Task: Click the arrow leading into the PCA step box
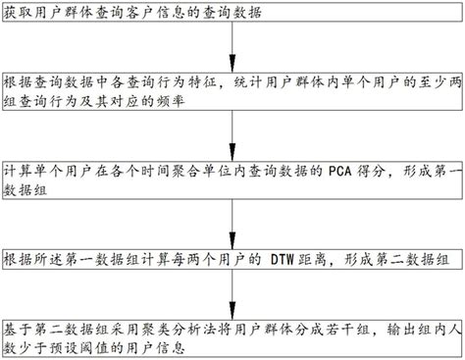(x=232, y=135)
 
